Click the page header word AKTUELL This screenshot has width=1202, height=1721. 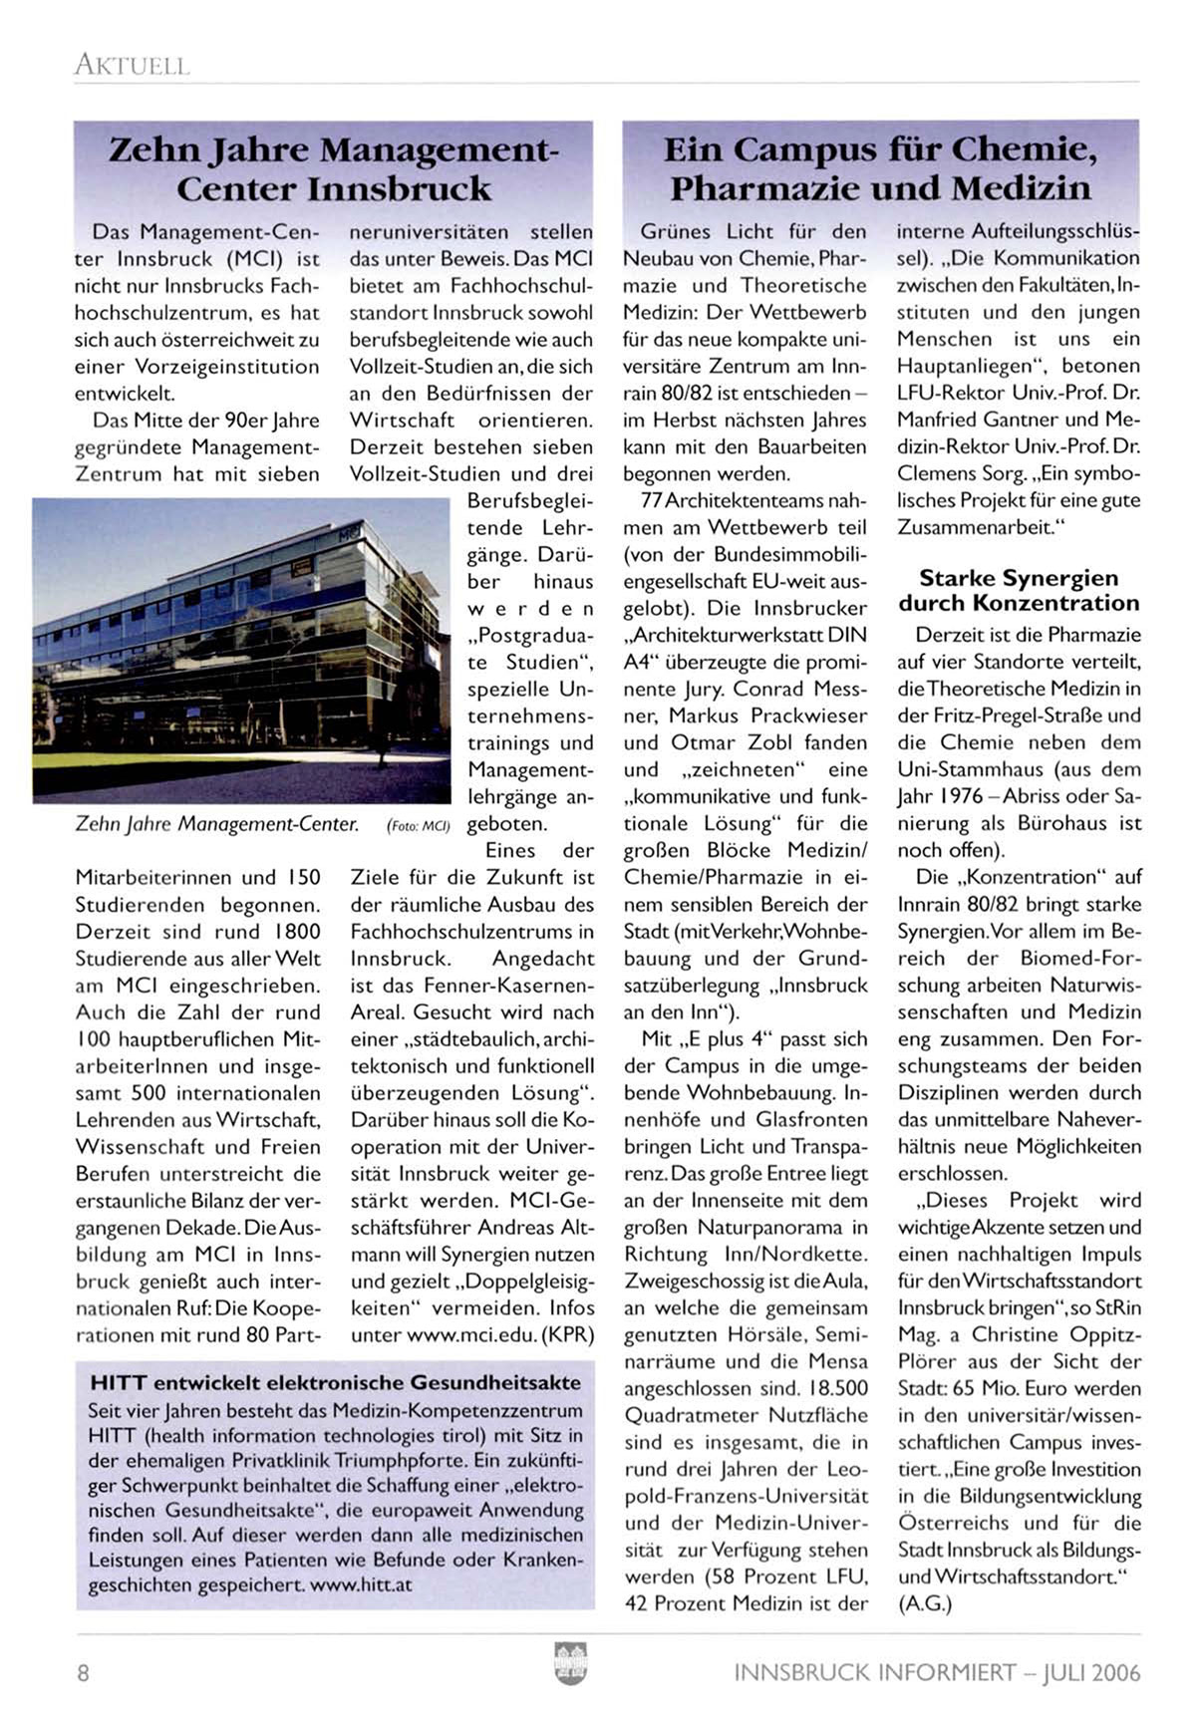[x=131, y=66]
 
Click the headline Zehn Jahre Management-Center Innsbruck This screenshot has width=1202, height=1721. [x=334, y=168]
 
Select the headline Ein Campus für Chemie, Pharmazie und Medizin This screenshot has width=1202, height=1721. [x=880, y=168]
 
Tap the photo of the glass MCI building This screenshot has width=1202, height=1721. [x=241, y=651]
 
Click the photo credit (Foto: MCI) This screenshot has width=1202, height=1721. [x=418, y=826]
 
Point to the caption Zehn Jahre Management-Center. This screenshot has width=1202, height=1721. [x=216, y=824]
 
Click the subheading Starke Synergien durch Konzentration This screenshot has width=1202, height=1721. [x=1018, y=590]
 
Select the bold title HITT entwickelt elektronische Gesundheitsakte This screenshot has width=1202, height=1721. [x=335, y=1383]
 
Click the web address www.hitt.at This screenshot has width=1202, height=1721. [x=361, y=1584]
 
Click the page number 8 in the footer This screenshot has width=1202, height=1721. [x=83, y=1672]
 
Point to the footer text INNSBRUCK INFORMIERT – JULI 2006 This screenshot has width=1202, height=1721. [x=937, y=1672]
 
